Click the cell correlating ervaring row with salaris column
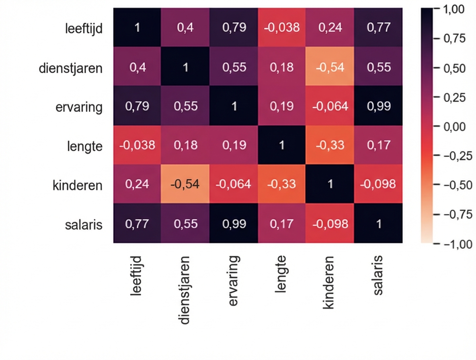tap(378, 106)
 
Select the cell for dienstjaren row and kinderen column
tap(330, 67)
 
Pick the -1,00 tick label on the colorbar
tap(456, 244)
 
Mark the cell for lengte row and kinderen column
tap(330, 145)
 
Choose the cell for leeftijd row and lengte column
tap(281, 28)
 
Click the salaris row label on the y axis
tap(84, 224)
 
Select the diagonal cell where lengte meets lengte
tap(281, 145)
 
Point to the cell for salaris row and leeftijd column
tap(137, 223)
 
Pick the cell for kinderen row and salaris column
tap(378, 184)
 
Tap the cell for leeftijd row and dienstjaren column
tap(185, 28)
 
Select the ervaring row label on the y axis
tap(79, 107)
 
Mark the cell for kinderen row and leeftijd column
tap(137, 184)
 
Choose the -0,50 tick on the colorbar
tap(456, 185)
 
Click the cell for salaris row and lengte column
tap(281, 223)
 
